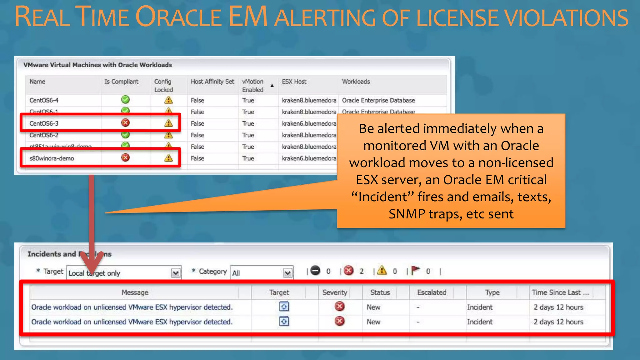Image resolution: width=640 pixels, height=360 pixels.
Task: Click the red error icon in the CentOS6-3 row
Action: coord(125,123)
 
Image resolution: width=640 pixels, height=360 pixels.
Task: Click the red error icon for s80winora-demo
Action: coord(125,157)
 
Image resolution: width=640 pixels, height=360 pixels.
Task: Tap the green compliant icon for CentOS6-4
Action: coord(125,100)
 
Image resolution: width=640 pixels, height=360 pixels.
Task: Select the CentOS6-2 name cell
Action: coord(44,135)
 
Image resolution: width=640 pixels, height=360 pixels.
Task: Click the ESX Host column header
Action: coord(294,82)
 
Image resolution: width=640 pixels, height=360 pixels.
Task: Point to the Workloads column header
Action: coord(356,82)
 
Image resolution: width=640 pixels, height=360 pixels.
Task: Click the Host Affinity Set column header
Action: coord(212,82)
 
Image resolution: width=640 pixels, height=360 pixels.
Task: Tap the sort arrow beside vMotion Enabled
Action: coord(272,85)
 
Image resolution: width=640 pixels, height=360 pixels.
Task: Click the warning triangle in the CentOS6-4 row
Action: coord(168,100)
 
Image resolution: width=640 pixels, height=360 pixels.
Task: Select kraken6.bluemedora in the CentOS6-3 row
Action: coord(309,123)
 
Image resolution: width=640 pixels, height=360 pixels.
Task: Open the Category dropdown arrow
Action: coord(287,273)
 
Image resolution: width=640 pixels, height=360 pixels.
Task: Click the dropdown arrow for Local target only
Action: coord(176,273)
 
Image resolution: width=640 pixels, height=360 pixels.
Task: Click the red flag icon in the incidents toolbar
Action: coord(415,270)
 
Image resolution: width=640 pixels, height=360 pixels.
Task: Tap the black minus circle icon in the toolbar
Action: coord(316,271)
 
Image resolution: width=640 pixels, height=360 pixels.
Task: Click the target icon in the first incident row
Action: coord(284,307)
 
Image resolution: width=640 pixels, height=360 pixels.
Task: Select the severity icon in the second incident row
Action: coord(339,321)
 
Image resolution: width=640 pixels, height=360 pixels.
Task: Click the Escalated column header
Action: coord(432,292)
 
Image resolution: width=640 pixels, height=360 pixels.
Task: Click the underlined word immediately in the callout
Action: coord(460,129)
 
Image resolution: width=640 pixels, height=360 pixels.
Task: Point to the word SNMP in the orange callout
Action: coord(407,214)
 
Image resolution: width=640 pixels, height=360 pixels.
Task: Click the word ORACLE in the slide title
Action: coord(178,17)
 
